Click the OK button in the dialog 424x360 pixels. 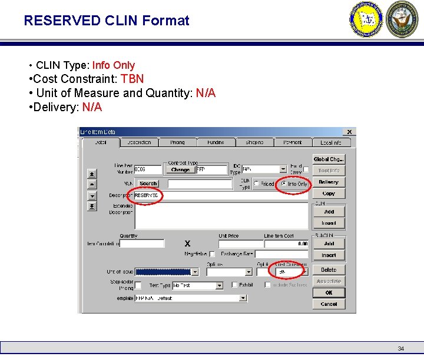tap(329, 292)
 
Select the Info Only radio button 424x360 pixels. tap(284, 184)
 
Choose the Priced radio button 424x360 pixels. tap(257, 184)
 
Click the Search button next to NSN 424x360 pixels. tap(148, 184)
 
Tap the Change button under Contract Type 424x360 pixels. tap(180, 170)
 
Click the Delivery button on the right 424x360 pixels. tap(329, 182)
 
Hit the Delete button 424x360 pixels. tap(329, 270)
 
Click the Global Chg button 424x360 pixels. tap(329, 159)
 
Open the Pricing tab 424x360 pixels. tap(177, 142)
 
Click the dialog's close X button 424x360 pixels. tap(349, 132)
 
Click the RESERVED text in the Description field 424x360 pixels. tap(146, 195)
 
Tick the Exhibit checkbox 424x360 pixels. tap(234, 285)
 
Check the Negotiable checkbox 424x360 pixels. tap(212, 254)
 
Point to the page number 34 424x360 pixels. tap(401, 349)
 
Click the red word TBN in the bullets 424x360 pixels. tap(132, 79)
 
